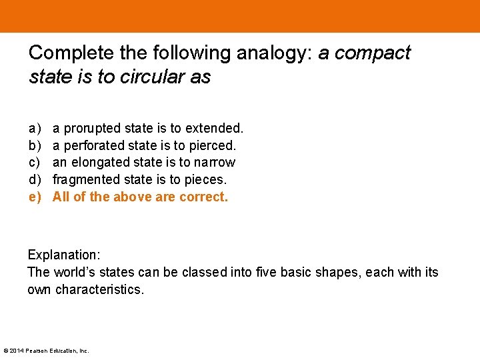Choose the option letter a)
click(34, 127)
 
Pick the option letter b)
click(34, 145)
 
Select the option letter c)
click(34, 162)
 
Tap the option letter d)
click(34, 179)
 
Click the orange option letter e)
click(34, 197)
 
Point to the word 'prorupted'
click(89, 127)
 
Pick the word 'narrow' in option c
click(214, 162)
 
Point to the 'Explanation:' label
click(63, 255)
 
